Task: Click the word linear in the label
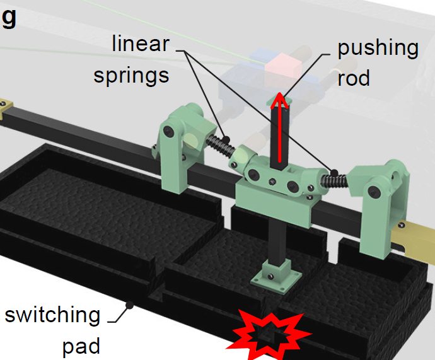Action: [141, 44]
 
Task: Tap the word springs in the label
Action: [131, 75]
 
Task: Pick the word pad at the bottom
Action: [81, 346]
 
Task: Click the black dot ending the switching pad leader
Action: [131, 305]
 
